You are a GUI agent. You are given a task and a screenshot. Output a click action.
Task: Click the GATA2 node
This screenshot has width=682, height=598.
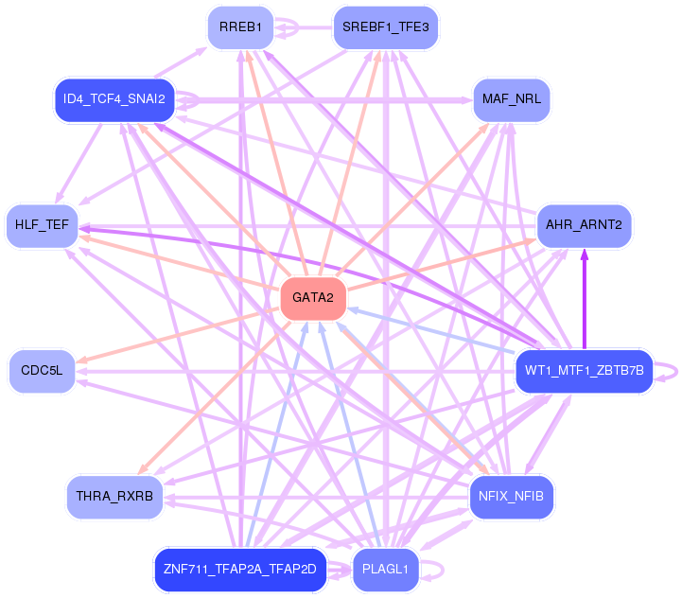(x=312, y=298)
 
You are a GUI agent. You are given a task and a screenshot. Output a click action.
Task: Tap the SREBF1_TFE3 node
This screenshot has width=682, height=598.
(x=385, y=27)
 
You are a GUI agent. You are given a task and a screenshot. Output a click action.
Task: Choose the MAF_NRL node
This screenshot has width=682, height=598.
(x=511, y=98)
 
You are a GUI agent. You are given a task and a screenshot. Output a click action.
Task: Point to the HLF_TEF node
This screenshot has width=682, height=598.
(x=42, y=225)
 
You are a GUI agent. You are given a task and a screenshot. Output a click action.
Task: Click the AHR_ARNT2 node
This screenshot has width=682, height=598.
(x=585, y=225)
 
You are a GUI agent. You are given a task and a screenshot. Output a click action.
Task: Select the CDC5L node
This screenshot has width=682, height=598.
(x=42, y=370)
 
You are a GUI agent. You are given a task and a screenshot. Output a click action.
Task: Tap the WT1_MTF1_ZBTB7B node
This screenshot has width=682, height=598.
(x=585, y=370)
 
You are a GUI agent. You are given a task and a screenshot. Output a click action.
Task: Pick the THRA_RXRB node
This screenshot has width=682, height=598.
(x=114, y=496)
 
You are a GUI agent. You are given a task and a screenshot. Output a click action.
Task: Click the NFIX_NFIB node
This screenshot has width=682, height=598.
(x=511, y=496)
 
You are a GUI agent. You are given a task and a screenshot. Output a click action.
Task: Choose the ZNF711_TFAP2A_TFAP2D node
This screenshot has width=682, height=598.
(x=240, y=569)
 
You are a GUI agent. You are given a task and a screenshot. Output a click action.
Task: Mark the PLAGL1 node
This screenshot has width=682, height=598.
(x=385, y=569)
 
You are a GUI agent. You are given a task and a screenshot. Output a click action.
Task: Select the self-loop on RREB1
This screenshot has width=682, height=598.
(x=295, y=27)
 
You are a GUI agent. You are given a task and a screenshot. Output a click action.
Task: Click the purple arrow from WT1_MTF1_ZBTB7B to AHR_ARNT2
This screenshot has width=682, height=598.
(x=585, y=298)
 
